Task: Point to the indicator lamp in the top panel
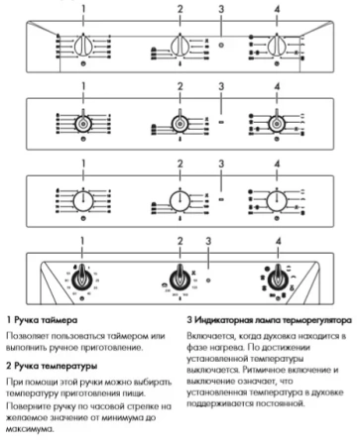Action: [x=220, y=46]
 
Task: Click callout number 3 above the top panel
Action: [x=220, y=9]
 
